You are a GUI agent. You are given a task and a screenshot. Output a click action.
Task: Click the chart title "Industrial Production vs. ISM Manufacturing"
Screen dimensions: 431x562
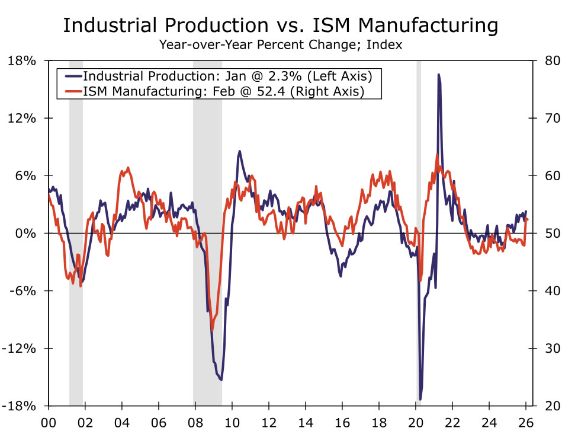tap(281, 25)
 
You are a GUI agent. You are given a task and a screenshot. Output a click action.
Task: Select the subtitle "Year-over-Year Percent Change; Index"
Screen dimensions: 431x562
tap(281, 44)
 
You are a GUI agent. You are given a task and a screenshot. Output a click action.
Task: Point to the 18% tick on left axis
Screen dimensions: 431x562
tap(24, 61)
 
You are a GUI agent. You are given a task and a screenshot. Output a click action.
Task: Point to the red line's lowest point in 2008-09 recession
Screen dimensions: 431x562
tap(212, 330)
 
